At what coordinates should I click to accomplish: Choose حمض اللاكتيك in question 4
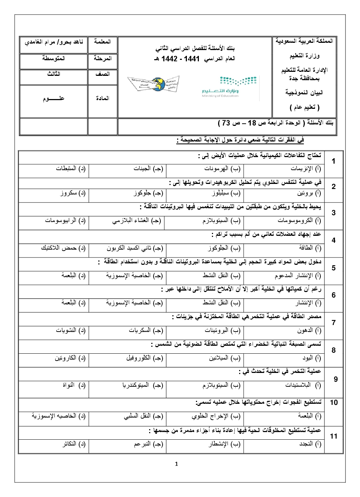pos(63,248)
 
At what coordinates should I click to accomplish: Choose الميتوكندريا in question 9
pos(143,385)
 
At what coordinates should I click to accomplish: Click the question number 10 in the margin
pos(334,402)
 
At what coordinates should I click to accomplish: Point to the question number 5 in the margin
pos(334,268)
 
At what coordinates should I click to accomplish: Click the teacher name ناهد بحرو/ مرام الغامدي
pos(54,42)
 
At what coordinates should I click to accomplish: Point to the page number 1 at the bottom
pos(176,464)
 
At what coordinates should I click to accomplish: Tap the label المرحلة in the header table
pos(102,58)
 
